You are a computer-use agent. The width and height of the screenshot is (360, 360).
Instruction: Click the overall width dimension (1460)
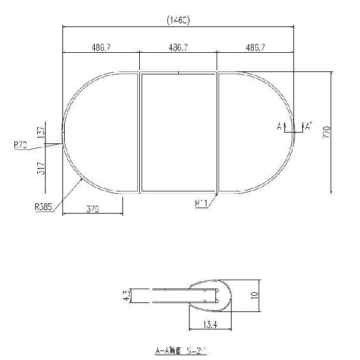(x=178, y=20)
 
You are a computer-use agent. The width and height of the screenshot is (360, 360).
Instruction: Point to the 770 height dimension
(x=326, y=132)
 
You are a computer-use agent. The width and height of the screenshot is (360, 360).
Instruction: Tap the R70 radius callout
(x=20, y=144)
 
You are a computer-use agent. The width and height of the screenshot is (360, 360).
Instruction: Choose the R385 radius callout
(x=43, y=207)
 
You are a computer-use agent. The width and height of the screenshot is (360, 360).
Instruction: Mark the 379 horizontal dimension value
(x=92, y=209)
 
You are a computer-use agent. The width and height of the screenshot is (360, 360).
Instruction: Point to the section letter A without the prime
(x=280, y=126)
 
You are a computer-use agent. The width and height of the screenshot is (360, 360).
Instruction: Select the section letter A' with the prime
(x=308, y=126)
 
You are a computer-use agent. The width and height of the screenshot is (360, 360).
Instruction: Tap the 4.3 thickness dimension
(x=125, y=295)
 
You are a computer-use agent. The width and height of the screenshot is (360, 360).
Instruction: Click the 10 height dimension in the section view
(x=254, y=295)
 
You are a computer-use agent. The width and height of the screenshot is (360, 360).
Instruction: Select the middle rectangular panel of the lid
(x=178, y=132)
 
